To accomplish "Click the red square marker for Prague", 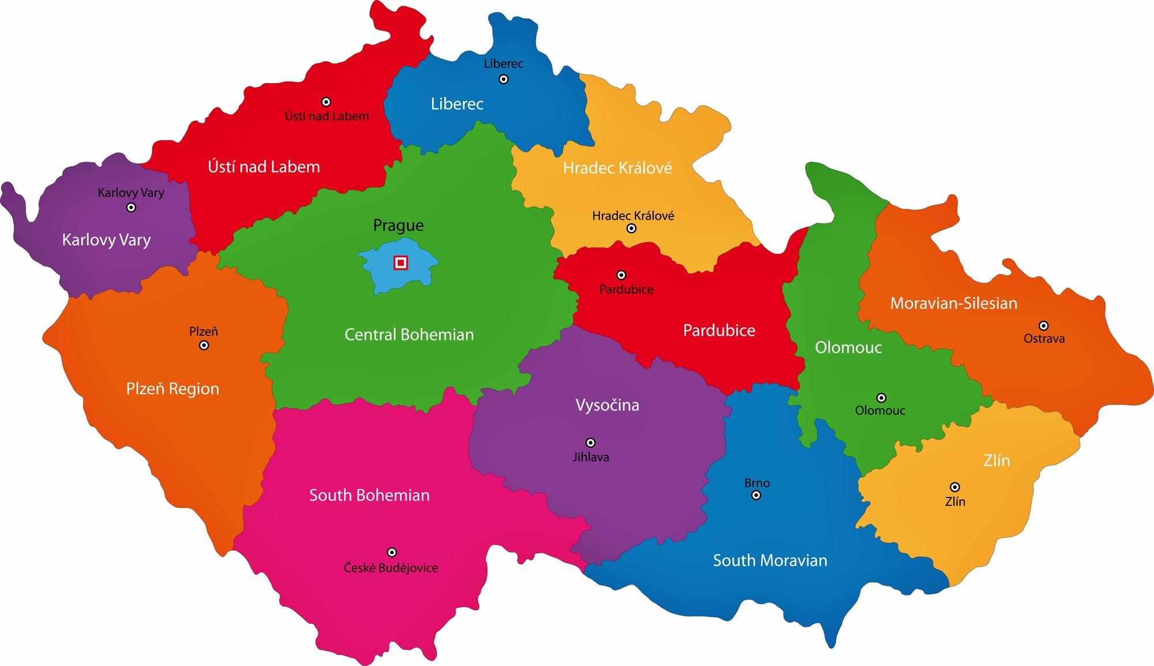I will pyautogui.click(x=400, y=263).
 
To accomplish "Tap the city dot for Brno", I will pyautogui.click(x=756, y=495).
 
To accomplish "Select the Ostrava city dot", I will pyautogui.click(x=1043, y=325).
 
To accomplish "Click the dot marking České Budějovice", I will pyautogui.click(x=392, y=552).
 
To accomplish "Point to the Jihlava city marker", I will pyautogui.click(x=590, y=443).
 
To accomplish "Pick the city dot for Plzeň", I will pyautogui.click(x=204, y=345).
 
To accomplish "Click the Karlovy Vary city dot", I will pyautogui.click(x=131, y=207).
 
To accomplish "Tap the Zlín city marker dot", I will pyautogui.click(x=955, y=487).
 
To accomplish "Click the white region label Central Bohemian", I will pyautogui.click(x=409, y=335).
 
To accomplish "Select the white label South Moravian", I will pyautogui.click(x=770, y=560).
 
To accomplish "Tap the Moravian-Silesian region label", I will pyautogui.click(x=953, y=304).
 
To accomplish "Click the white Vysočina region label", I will pyautogui.click(x=607, y=405).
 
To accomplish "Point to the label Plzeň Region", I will pyautogui.click(x=173, y=389).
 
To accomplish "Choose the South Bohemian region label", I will pyautogui.click(x=369, y=495).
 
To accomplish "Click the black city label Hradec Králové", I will pyautogui.click(x=633, y=216).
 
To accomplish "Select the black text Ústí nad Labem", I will pyautogui.click(x=327, y=117).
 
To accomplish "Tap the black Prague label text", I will pyautogui.click(x=398, y=226).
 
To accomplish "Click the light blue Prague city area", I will pyautogui.click(x=381, y=277).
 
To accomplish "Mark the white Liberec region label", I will pyautogui.click(x=457, y=104).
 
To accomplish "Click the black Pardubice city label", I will pyautogui.click(x=626, y=290).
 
